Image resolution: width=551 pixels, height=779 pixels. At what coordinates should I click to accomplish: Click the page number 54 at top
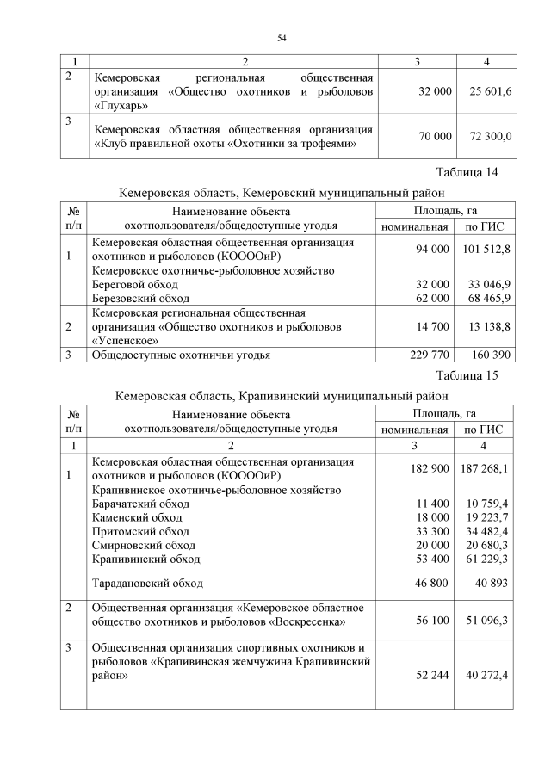[x=281, y=37]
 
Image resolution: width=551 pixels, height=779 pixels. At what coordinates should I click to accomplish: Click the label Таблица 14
[x=467, y=173]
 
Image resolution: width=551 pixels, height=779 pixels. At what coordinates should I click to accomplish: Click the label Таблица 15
[x=467, y=375]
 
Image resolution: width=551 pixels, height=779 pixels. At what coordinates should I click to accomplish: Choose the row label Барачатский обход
[x=140, y=504]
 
